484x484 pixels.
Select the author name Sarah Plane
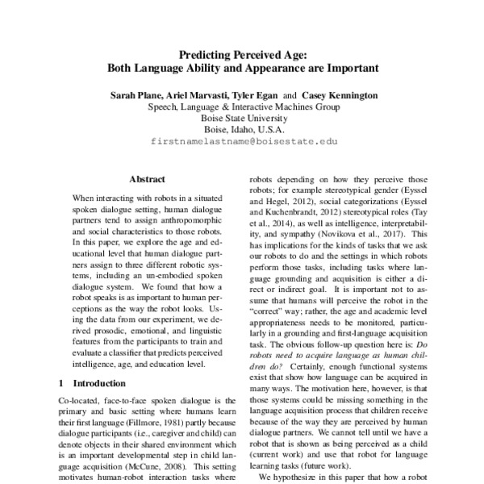(136, 94)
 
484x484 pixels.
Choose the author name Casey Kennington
(338, 94)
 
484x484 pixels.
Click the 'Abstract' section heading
(147, 179)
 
